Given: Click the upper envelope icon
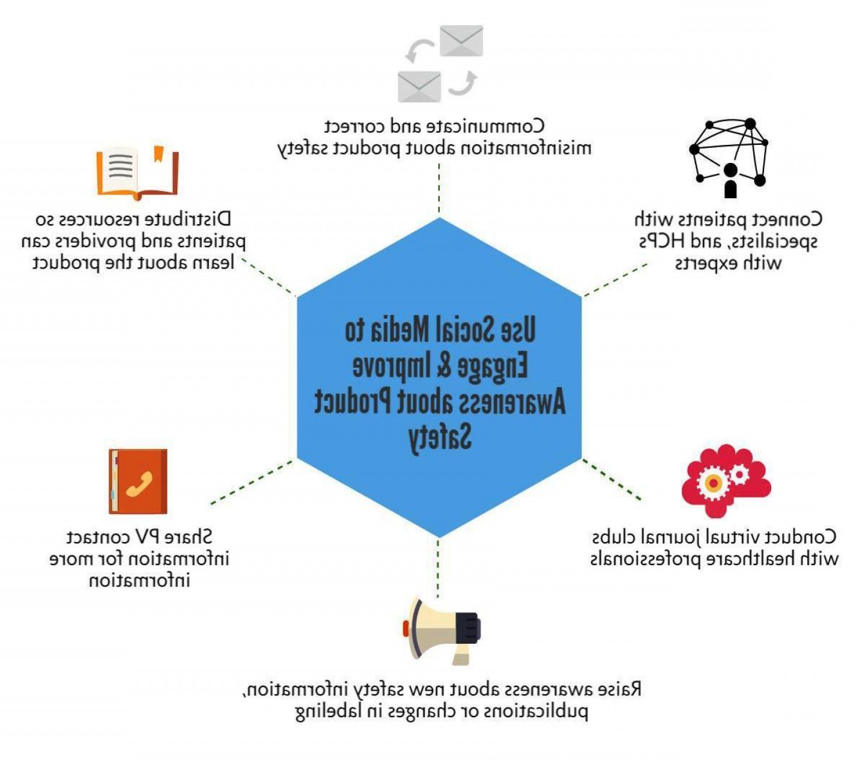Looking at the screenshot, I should click(x=461, y=41).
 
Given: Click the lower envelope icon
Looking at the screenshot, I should click(x=419, y=86).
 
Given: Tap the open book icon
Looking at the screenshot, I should click(x=138, y=173).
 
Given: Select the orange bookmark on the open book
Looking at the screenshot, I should click(x=159, y=154).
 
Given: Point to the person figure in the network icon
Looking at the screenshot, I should click(x=730, y=180).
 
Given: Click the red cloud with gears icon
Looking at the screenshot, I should click(x=726, y=480).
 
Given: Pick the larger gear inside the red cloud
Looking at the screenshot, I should click(x=713, y=482).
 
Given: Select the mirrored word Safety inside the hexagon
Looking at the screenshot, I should click(x=440, y=437).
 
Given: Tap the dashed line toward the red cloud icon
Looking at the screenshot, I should click(x=611, y=479).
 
